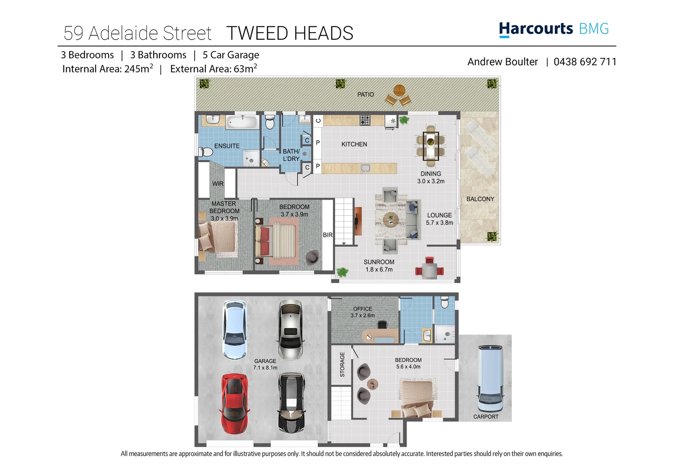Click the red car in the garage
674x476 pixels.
point(234,403)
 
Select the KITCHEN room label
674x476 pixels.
point(354,144)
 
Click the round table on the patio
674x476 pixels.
point(399,91)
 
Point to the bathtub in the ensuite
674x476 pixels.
point(242,122)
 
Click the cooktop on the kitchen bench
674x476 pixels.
point(365,120)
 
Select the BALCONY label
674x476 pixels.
point(480,199)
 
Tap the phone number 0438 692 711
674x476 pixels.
point(585,62)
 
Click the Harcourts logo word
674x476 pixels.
point(536,29)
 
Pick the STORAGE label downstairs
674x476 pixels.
point(342,364)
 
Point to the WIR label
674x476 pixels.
point(218,184)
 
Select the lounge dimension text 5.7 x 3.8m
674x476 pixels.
point(439,223)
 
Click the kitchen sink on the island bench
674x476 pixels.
point(365,168)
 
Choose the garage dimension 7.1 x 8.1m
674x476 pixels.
point(265,368)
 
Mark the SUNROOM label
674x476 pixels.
point(379,262)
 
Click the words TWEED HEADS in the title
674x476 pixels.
point(290,33)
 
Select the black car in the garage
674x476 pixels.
point(291,402)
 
